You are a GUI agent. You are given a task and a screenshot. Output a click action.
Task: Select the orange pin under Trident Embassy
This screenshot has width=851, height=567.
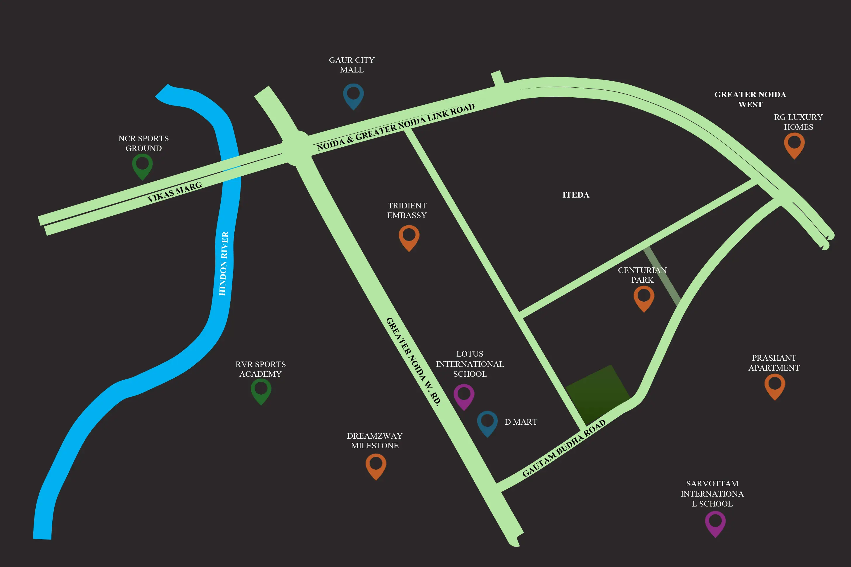[409, 236]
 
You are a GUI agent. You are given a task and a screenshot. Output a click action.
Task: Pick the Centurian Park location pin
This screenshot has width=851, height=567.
[644, 297]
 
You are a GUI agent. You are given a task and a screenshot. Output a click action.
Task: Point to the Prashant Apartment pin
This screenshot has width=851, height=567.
[775, 385]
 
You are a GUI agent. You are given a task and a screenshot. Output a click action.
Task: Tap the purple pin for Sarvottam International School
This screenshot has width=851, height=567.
[715, 523]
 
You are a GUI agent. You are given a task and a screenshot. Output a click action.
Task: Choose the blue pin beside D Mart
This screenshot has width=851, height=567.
[487, 422]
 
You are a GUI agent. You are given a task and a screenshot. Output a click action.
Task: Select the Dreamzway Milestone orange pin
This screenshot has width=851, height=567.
[376, 465]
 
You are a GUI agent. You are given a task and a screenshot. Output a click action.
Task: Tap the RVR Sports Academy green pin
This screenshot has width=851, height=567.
[261, 390]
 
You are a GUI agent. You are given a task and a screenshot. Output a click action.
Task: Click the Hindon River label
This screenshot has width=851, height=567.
[224, 263]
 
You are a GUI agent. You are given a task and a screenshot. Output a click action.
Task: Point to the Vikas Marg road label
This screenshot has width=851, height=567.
[174, 192]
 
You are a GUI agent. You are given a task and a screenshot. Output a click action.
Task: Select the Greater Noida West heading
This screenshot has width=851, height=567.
[750, 99]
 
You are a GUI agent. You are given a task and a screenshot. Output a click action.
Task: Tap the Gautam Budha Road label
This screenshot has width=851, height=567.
[564, 448]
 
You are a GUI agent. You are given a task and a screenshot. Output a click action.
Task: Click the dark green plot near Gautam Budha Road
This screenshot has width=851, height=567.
[598, 394]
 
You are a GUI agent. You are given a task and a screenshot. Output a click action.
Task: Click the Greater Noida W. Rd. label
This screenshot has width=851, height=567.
[414, 362]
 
